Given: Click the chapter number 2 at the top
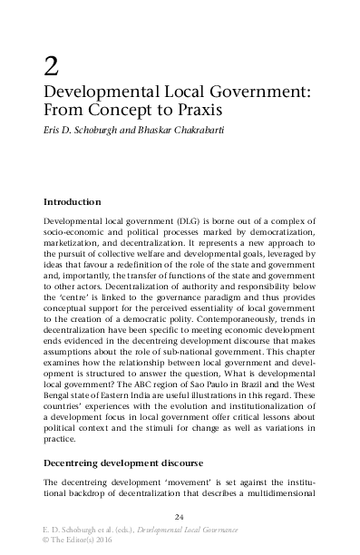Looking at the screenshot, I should (x=52, y=65).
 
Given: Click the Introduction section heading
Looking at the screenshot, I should (x=72, y=201).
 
